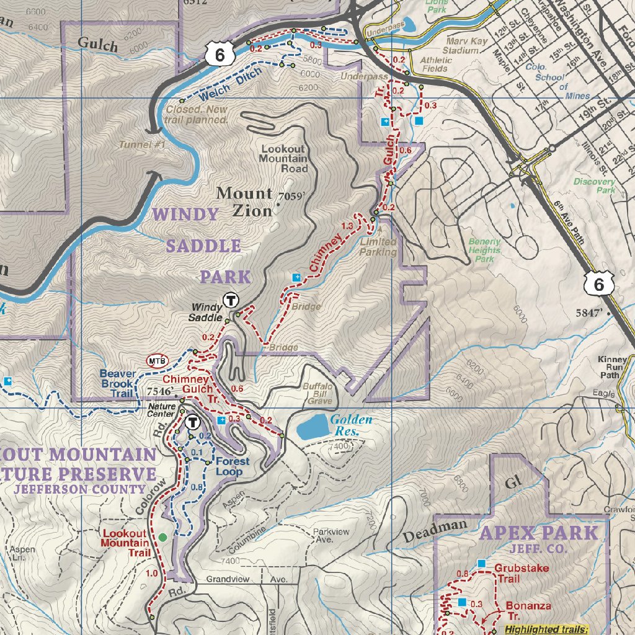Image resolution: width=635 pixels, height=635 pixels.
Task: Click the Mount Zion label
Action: (x=244, y=202)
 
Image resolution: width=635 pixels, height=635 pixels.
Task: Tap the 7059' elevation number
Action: (x=293, y=197)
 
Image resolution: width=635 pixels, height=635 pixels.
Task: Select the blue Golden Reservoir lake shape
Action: (x=313, y=427)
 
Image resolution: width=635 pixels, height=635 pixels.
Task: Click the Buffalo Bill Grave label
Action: (x=317, y=393)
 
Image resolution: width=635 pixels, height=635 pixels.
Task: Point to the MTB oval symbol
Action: (x=157, y=360)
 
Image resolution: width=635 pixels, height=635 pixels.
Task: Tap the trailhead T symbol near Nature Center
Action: (x=193, y=423)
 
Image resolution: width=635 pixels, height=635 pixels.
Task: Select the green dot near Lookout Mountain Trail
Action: (x=162, y=537)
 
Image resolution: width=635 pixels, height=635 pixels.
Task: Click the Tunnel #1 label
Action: (x=143, y=144)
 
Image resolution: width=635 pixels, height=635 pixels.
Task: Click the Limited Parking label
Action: (x=378, y=247)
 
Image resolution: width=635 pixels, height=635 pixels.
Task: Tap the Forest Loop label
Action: (x=233, y=466)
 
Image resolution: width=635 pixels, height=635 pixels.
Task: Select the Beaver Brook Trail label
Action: (x=117, y=383)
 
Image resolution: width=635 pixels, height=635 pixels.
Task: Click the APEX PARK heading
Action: (x=540, y=533)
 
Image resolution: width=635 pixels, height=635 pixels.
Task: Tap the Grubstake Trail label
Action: (x=516, y=572)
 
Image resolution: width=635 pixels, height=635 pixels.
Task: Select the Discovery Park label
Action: (x=594, y=185)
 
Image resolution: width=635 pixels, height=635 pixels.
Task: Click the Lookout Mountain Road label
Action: (x=285, y=159)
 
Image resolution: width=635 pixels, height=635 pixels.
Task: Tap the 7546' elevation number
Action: (x=161, y=392)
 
